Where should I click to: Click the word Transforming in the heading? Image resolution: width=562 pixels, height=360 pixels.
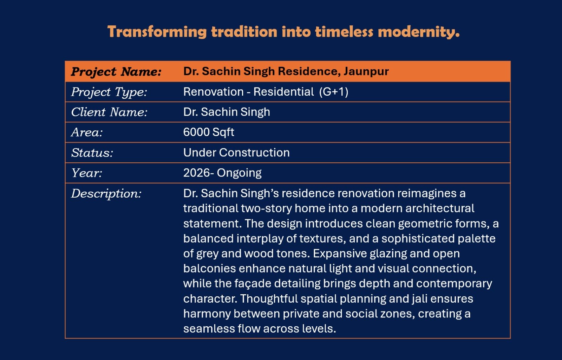pos(157,32)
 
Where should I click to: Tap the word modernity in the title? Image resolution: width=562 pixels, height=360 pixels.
pos(418,32)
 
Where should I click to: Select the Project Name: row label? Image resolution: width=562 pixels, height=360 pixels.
pos(116,72)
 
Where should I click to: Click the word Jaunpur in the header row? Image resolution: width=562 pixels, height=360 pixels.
pos(366,71)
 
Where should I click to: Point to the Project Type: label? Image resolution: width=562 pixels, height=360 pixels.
pos(109,92)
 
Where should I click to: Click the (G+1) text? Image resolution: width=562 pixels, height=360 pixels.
pos(334,92)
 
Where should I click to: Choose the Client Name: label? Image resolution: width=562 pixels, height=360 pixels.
pos(109,112)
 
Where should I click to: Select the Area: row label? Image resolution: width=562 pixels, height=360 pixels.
pos(87,132)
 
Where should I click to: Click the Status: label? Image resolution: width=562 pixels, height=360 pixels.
pos(92,153)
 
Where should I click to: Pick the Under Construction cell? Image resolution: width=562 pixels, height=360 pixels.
pos(236,152)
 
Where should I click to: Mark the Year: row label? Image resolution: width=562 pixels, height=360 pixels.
pos(86,173)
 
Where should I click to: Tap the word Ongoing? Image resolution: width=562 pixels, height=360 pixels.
pos(239,173)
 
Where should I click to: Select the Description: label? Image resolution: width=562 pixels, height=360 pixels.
pos(106,194)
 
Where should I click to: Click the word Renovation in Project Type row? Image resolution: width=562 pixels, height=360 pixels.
pos(213,92)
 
